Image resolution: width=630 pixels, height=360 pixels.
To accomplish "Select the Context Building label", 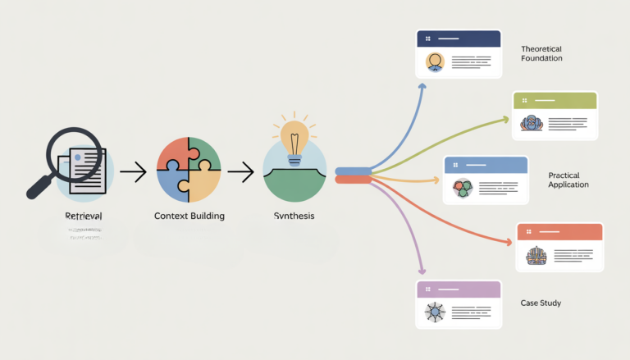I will point(189,216).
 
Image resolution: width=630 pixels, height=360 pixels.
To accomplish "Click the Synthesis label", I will point(293,216).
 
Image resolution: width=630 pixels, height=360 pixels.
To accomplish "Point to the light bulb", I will point(294,134).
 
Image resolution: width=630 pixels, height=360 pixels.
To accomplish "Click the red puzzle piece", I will point(175,154).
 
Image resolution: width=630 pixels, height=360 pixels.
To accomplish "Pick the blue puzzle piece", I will point(174,185).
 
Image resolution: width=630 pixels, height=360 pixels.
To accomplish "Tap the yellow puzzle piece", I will point(205,185).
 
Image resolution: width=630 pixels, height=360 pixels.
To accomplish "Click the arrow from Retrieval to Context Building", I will point(133,172).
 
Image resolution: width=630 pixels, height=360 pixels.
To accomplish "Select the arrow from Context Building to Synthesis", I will point(240,172).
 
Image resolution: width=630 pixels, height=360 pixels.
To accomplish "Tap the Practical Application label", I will point(568,180).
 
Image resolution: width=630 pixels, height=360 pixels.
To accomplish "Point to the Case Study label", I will point(541,303).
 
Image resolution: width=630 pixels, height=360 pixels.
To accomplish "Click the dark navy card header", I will point(459,39).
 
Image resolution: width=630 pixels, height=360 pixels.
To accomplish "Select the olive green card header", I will point(555,100).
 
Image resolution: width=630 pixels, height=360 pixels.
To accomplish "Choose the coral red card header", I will point(559,231).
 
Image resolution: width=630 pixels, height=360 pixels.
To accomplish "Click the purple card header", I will point(459,289).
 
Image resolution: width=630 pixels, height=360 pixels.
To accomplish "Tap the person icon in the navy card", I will point(435,62).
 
